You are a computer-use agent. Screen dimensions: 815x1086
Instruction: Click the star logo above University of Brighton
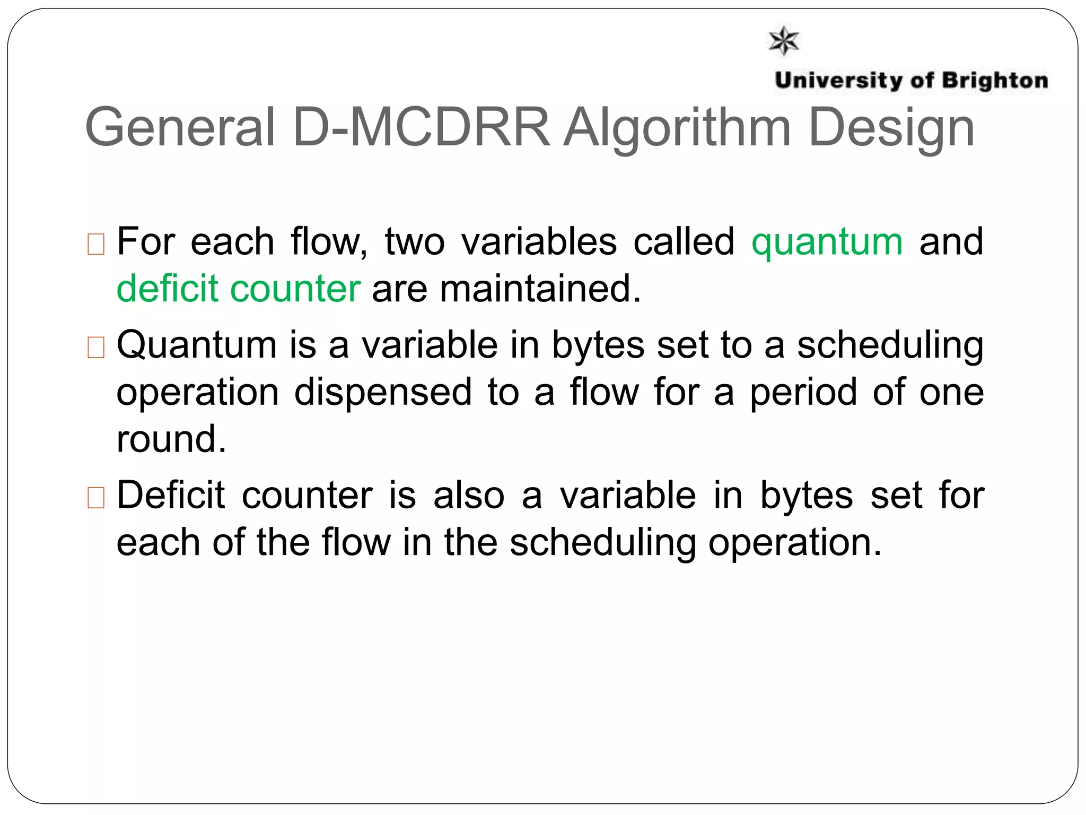[x=783, y=40]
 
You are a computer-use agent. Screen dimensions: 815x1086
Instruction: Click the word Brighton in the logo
[x=995, y=81]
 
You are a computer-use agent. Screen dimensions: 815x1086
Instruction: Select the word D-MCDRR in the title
[x=422, y=128]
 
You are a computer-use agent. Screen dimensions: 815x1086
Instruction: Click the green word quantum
[x=827, y=242]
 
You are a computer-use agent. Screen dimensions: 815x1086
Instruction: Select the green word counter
[x=295, y=289]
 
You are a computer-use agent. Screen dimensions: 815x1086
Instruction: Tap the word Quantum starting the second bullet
[x=197, y=345]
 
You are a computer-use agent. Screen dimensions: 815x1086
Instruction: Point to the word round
[x=171, y=439]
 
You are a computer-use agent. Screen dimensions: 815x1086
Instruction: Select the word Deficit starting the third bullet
[x=171, y=495]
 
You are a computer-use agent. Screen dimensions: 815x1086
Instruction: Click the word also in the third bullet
[x=469, y=495]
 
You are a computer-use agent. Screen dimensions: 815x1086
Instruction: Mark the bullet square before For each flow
[x=96, y=245]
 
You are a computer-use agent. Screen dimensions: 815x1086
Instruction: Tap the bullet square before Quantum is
[x=96, y=348]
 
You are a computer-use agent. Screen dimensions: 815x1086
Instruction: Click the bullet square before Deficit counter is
[x=96, y=498]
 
